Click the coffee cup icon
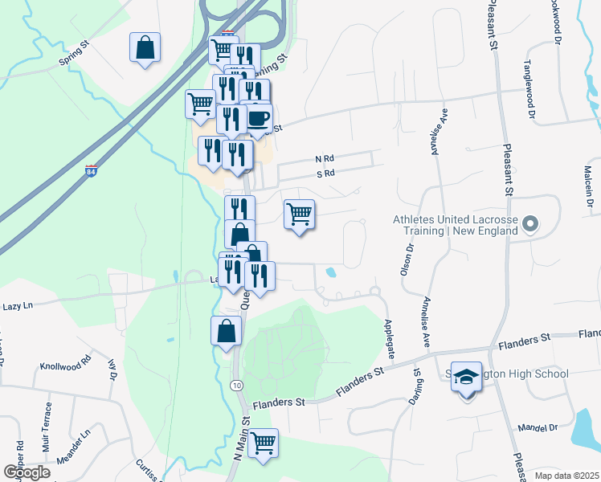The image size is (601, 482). click(x=258, y=119)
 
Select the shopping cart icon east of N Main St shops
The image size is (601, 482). click(x=299, y=214)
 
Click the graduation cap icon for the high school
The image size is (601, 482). click(x=466, y=376)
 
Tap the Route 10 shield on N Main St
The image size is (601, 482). click(x=235, y=386)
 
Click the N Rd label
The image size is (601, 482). click(x=324, y=159)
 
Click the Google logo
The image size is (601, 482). click(x=27, y=472)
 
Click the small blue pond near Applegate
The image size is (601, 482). click(x=331, y=272)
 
